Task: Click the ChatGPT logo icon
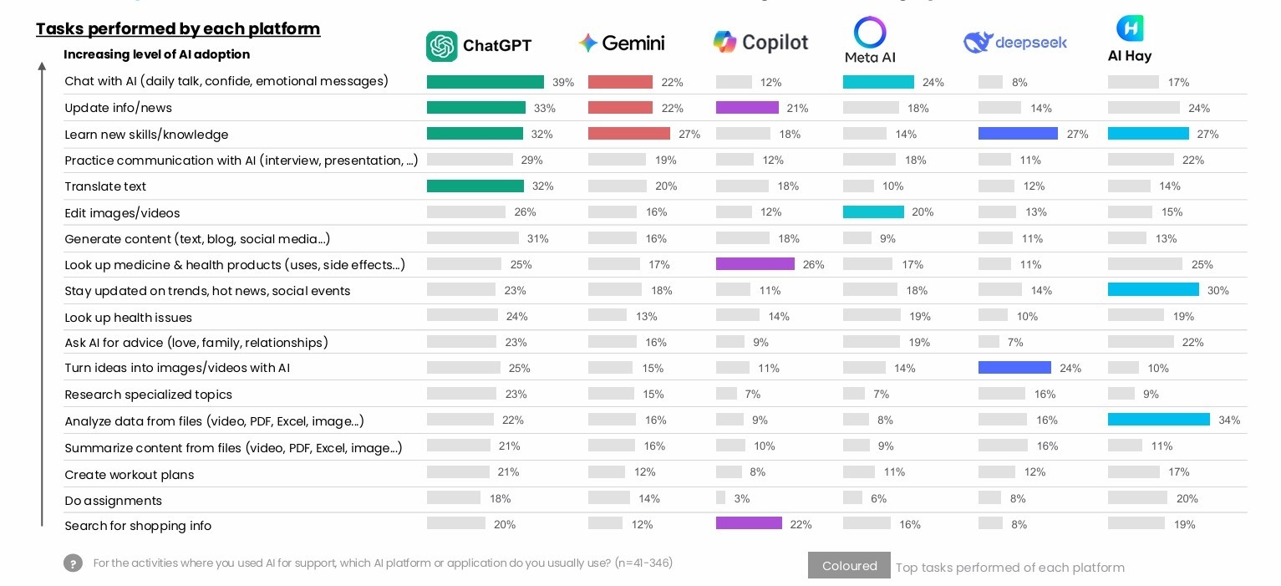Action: click(442, 46)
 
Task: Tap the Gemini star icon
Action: click(587, 43)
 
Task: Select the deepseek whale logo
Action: click(977, 42)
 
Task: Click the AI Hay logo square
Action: click(1130, 28)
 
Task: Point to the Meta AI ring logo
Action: click(869, 33)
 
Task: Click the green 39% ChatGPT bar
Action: click(485, 82)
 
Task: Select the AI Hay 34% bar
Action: click(1158, 420)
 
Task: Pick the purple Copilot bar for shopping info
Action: click(749, 524)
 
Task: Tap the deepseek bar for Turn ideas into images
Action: click(1014, 368)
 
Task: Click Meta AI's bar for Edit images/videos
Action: click(873, 212)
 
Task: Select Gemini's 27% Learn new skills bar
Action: click(628, 134)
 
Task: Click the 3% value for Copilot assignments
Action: click(741, 499)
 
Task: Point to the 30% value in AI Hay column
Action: click(1217, 291)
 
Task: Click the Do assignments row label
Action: click(113, 501)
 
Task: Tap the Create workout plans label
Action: click(129, 475)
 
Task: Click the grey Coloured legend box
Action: click(849, 566)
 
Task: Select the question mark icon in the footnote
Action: click(73, 563)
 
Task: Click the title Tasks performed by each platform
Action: click(178, 29)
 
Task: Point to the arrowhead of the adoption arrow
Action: click(42, 66)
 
